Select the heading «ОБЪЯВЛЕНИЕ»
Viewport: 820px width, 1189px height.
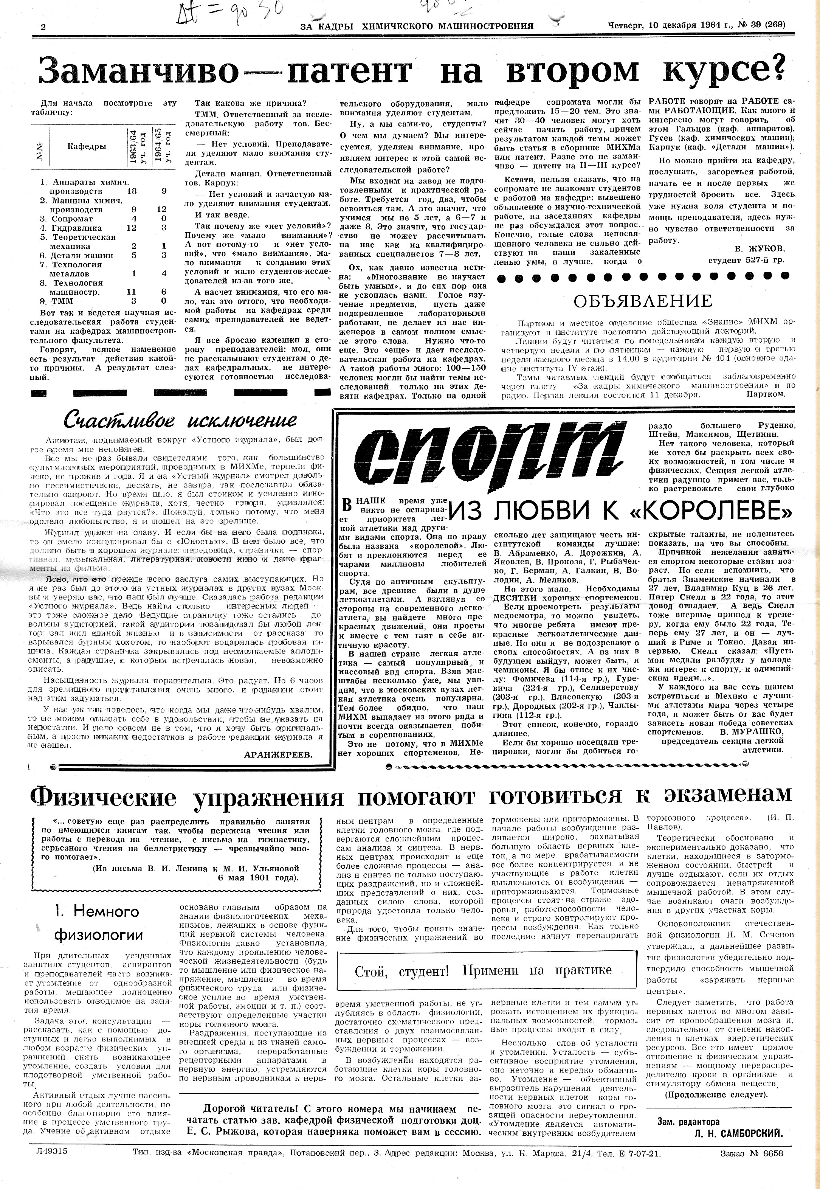click(643, 301)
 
